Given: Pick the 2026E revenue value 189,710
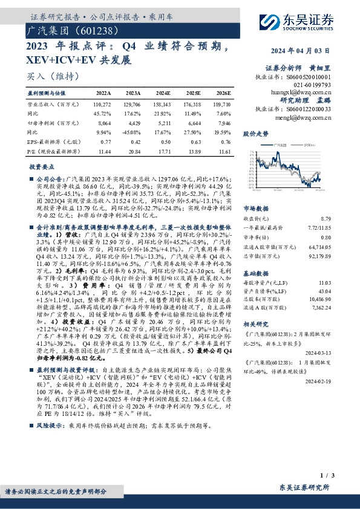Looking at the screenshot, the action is (222, 105).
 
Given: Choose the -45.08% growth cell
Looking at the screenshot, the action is (132, 131).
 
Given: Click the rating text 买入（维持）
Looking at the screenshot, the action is (50, 76).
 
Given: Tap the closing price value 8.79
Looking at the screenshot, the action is (326, 218).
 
